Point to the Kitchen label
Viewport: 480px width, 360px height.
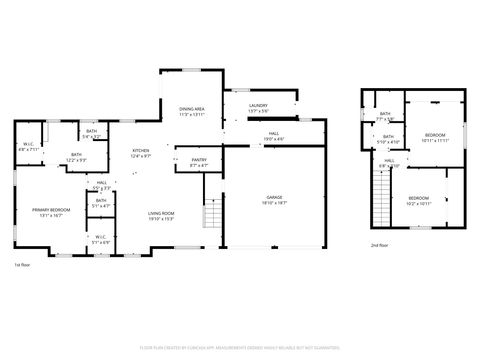click(141, 150)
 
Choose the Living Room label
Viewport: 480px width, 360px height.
click(161, 213)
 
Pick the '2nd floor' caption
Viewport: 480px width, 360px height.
click(380, 245)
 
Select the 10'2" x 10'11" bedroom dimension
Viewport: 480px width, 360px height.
click(418, 203)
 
